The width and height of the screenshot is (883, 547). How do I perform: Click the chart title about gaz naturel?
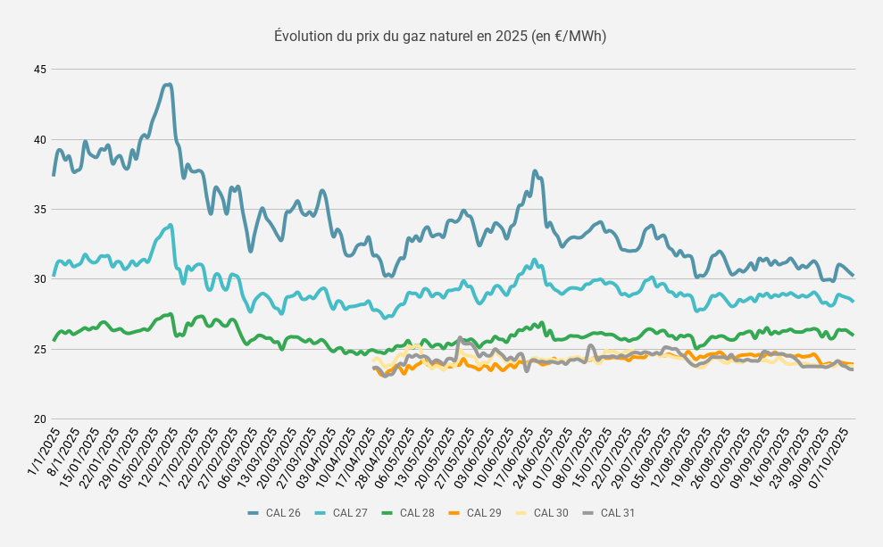(x=440, y=37)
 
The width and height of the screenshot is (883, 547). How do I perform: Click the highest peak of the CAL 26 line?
(x=168, y=85)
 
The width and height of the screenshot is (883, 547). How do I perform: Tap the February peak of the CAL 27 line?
(x=170, y=225)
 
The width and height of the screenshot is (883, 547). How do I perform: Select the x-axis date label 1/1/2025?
(x=43, y=452)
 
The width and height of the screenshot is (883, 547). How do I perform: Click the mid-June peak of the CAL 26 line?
(x=535, y=170)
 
